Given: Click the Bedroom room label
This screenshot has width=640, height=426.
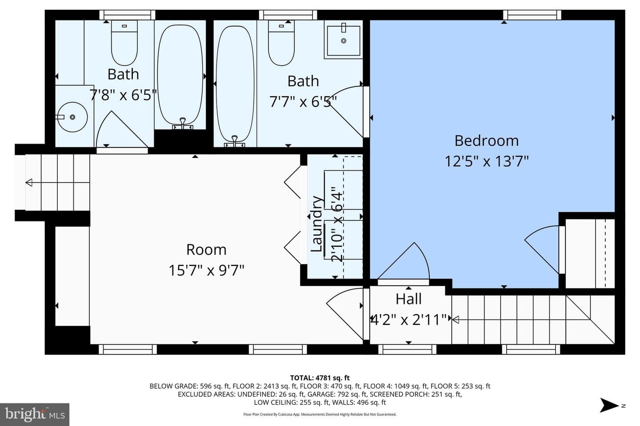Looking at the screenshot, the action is [486, 141].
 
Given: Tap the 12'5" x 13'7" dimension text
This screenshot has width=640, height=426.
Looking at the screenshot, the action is [487, 161].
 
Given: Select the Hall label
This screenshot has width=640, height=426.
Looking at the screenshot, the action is [408, 299].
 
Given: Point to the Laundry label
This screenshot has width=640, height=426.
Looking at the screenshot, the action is [316, 224].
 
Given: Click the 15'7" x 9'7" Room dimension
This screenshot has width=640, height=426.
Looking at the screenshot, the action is [206, 270].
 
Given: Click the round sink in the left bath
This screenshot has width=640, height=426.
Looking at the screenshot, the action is [72, 117].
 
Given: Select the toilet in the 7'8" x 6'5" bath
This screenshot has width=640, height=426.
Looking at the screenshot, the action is [124, 43].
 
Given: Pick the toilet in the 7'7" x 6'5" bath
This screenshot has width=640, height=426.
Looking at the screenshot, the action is [281, 43].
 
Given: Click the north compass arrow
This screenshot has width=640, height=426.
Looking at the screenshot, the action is [609, 405].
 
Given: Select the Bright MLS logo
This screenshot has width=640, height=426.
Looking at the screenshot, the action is [35, 414].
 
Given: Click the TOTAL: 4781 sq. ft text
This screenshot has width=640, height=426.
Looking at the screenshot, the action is [320, 378].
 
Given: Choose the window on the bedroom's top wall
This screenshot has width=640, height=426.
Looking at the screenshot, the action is [532, 15].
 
